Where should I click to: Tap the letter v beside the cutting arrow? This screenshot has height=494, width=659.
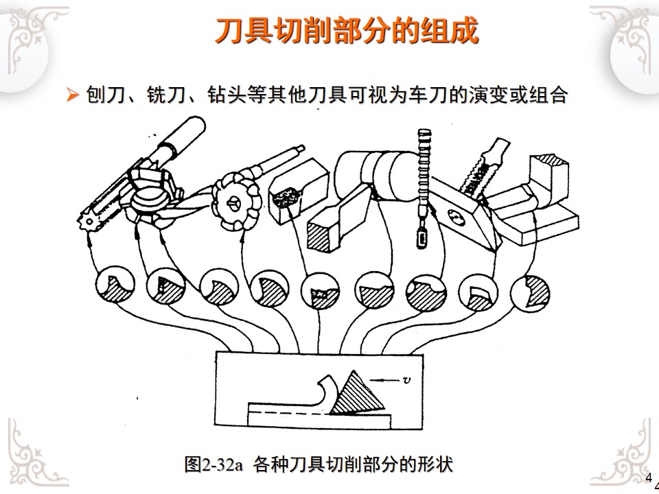406,379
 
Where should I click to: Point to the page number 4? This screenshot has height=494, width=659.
649,478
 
